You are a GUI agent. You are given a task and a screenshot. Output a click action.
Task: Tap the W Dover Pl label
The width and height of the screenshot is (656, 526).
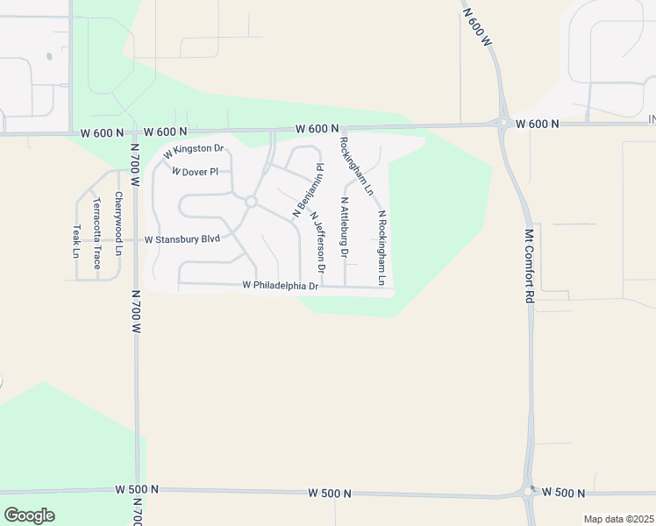[195, 172]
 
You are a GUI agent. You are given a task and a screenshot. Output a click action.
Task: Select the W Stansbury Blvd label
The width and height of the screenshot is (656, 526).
[182, 238]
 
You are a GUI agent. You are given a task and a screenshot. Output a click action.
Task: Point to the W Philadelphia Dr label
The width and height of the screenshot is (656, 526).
[280, 285]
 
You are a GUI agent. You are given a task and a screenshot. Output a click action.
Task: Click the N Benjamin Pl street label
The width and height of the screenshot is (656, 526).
[309, 189]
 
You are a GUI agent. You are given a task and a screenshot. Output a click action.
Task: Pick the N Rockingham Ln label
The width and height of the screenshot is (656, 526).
[381, 248]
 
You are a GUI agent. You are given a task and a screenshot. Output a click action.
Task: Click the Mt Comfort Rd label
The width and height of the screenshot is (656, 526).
[529, 267]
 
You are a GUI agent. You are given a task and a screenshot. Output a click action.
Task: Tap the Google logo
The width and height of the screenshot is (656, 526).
[29, 515]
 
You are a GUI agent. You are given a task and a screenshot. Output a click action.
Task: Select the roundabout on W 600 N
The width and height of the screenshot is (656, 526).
[505, 124]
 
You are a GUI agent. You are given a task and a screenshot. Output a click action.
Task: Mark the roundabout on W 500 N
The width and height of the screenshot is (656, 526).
[529, 492]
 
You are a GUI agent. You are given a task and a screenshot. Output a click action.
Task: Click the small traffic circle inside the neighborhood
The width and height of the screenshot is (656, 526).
[250, 202]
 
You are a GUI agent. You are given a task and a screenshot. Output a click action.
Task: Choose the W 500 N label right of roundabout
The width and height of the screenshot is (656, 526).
[564, 492]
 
